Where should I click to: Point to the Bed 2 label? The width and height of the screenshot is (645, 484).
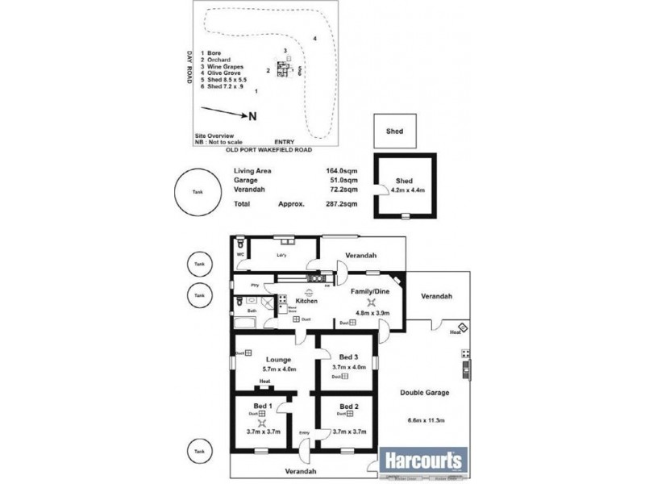click(348, 406)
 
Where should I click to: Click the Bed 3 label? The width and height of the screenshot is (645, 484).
click(348, 357)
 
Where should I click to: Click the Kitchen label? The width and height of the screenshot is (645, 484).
click(306, 301)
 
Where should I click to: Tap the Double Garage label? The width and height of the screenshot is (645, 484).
click(425, 393)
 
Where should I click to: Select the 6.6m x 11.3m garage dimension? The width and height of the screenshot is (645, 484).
click(425, 419)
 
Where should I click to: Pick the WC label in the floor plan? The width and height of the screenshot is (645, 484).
click(240, 255)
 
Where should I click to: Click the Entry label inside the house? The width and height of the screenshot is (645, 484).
click(304, 434)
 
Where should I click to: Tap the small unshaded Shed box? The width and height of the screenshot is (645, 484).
click(394, 131)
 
